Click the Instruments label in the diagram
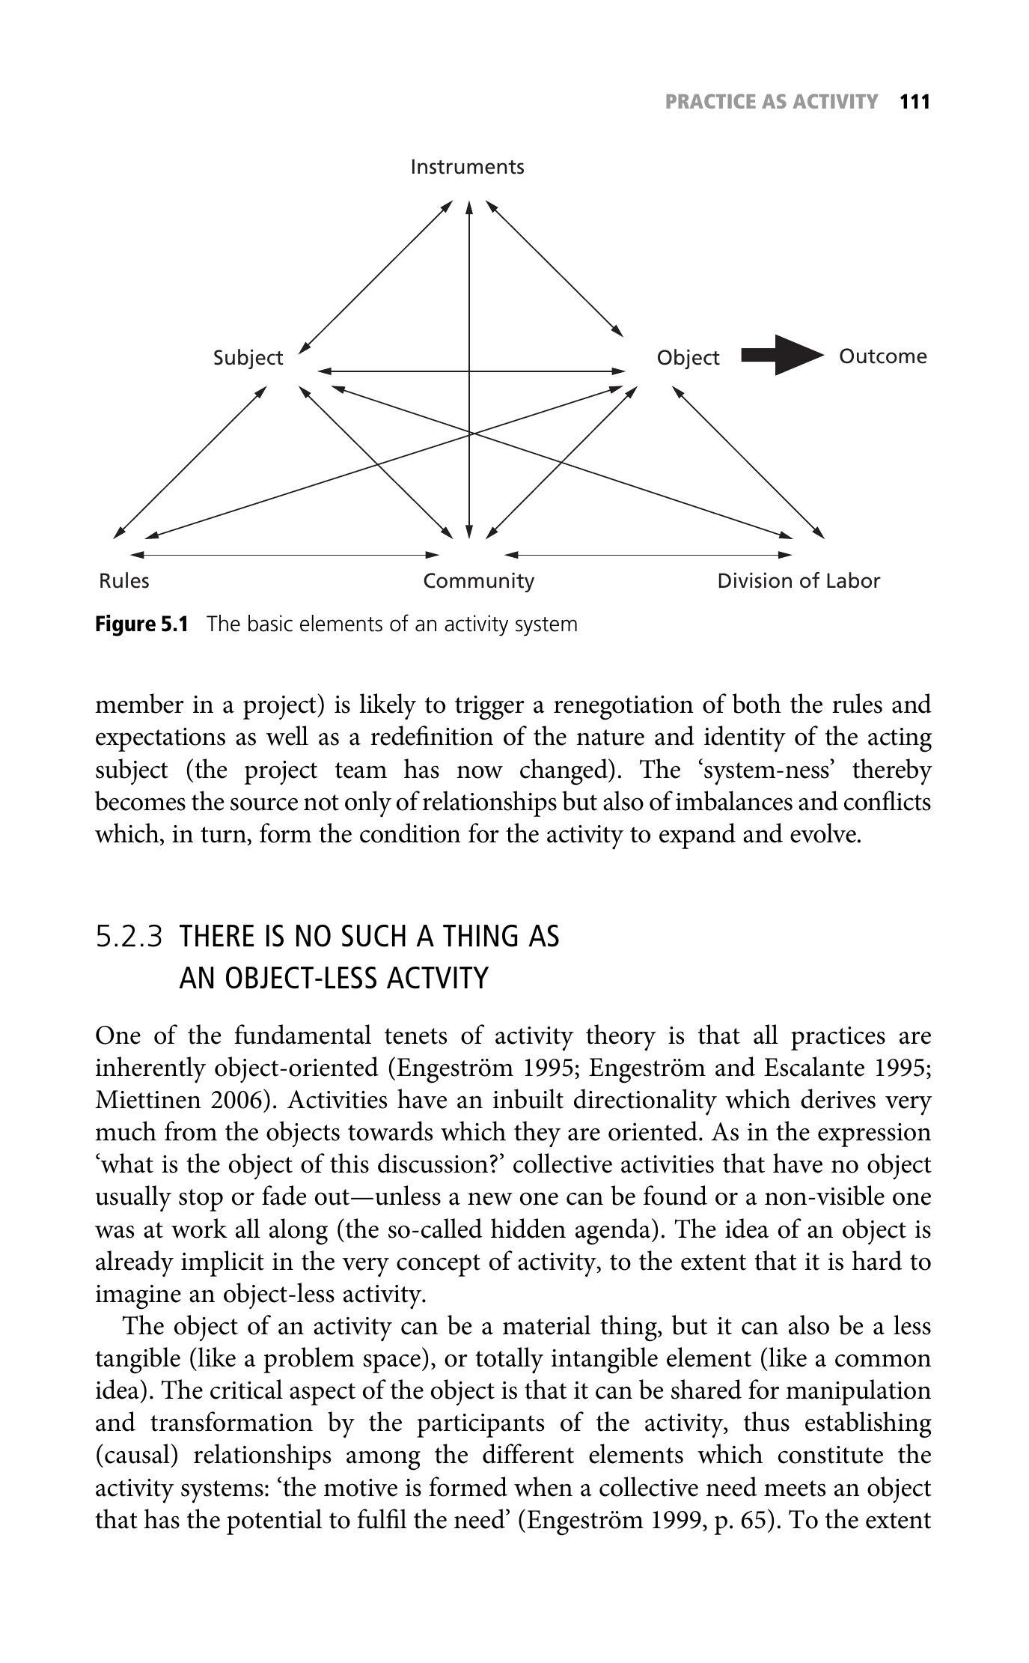click(x=467, y=166)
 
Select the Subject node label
click(x=248, y=358)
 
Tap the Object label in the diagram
click(x=688, y=358)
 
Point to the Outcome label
click(x=882, y=356)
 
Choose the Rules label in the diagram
click(x=123, y=581)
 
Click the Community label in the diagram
click(x=478, y=581)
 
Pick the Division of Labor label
click(x=798, y=581)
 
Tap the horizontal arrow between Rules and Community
click(x=284, y=555)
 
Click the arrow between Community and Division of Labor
click(x=648, y=555)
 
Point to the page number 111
click(x=914, y=102)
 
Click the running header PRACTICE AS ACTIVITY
click(x=771, y=102)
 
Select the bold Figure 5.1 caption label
click(x=141, y=624)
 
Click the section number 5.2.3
click(x=129, y=936)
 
